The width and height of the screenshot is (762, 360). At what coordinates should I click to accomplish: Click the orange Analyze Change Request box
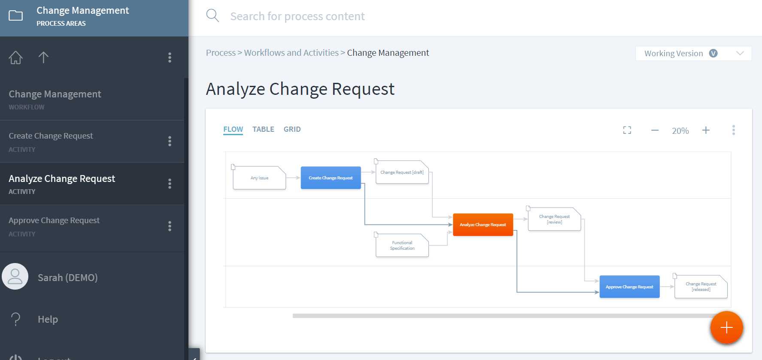coord(483,224)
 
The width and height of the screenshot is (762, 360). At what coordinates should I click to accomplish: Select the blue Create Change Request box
coord(331,178)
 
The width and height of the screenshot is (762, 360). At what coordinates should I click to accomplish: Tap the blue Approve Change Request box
coord(629,287)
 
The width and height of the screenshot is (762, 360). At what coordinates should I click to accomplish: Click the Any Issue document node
coord(259,178)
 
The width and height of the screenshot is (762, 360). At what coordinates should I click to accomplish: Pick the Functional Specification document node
coord(402,245)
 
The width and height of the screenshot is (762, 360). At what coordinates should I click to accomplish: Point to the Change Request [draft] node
coord(402,172)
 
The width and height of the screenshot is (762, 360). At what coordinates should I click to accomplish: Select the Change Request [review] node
coord(554,219)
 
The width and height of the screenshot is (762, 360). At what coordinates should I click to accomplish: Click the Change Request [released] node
coord(701,287)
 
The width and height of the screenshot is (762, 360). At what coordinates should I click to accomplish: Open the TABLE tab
coord(263,129)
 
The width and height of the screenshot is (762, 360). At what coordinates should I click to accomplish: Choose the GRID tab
coord(292,129)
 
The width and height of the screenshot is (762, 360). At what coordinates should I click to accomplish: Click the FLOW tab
coord(233,129)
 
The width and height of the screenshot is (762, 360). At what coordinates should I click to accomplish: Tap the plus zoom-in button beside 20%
coord(706,130)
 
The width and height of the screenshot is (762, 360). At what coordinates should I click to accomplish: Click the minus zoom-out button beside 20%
coord(655,130)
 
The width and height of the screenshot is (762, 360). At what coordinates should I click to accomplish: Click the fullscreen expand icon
coord(627,130)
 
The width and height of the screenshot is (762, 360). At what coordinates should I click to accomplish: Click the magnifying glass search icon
coord(213,16)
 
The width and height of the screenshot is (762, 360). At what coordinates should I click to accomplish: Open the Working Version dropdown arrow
coord(740,53)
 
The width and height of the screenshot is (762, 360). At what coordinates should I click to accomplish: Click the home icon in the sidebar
coord(16,57)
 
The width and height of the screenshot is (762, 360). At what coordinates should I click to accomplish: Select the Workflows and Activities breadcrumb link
coord(291,53)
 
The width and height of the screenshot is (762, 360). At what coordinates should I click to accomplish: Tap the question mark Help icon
coord(16,319)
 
